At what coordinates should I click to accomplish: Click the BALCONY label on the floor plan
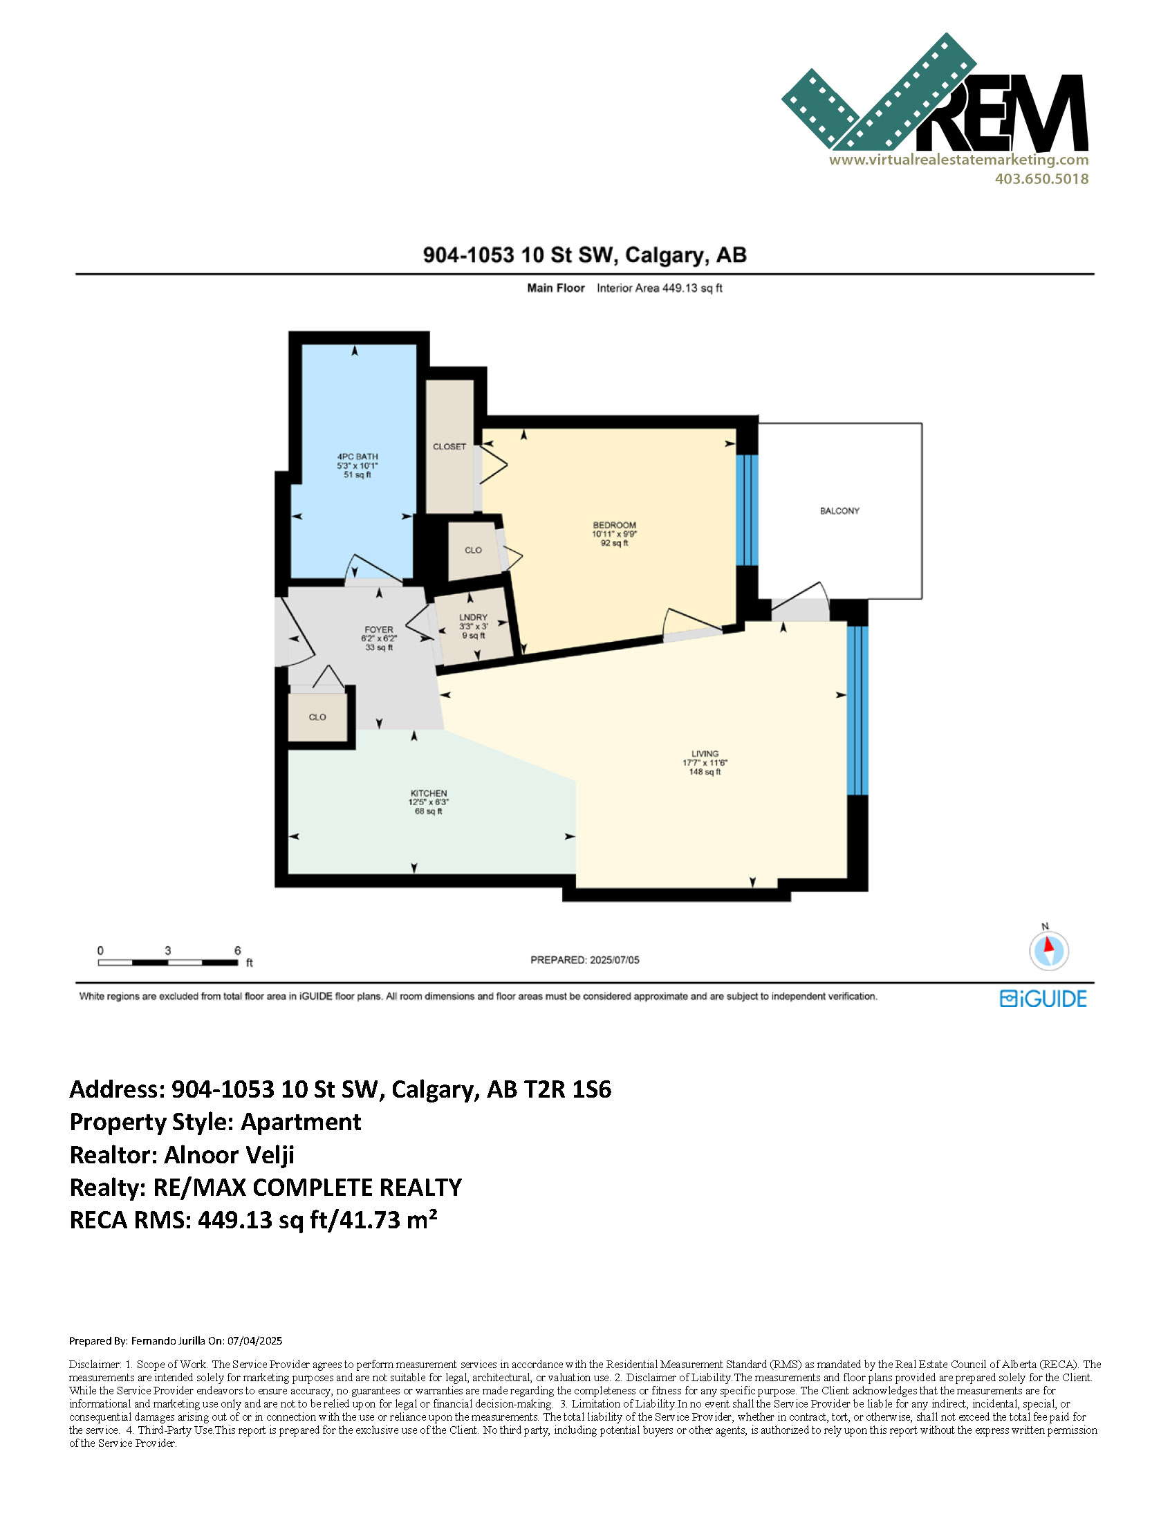click(839, 511)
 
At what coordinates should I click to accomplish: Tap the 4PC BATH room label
click(357, 457)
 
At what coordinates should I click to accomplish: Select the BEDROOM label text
click(614, 526)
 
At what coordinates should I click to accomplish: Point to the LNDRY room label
click(474, 617)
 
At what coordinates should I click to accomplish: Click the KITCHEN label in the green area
click(428, 793)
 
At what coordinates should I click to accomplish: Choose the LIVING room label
click(705, 753)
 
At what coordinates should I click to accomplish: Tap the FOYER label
click(378, 630)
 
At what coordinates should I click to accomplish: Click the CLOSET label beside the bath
click(449, 446)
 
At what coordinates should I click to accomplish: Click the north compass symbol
click(1049, 950)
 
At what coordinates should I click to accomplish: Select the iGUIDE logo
click(1043, 999)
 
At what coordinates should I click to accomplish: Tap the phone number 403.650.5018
click(1042, 179)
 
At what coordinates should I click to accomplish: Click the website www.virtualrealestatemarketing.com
click(958, 160)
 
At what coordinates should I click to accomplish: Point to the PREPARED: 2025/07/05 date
click(585, 960)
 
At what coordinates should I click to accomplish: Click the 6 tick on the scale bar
click(238, 951)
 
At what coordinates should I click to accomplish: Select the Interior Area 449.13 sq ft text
click(659, 288)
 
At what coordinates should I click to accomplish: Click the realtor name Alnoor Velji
click(230, 1155)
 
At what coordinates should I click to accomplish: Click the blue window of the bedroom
click(748, 510)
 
